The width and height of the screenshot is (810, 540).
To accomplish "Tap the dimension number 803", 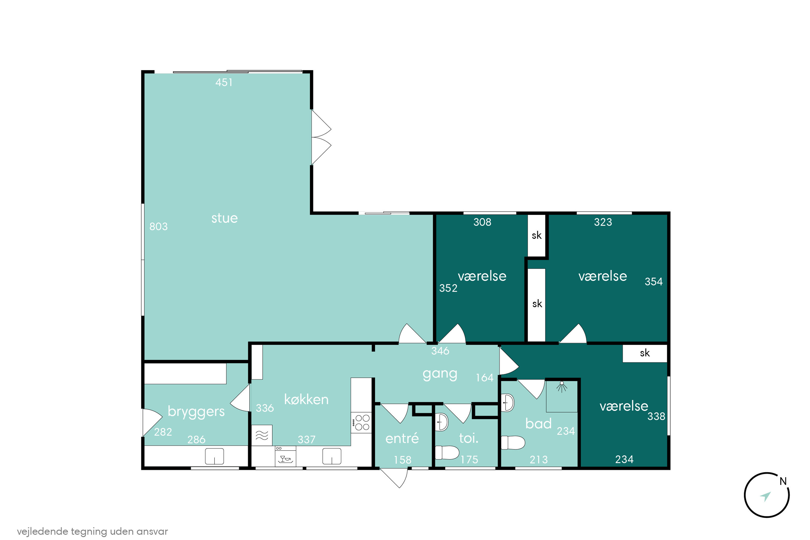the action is click(x=159, y=227).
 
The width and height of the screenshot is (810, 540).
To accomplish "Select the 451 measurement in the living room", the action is click(x=224, y=83).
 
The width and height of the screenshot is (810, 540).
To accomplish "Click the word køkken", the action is click(x=306, y=400).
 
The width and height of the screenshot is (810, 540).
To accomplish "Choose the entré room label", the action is click(x=402, y=438).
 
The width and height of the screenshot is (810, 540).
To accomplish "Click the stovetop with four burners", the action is click(x=362, y=423).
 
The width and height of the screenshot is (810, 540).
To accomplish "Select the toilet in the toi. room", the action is click(x=447, y=453).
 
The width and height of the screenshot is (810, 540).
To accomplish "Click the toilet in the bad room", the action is click(x=513, y=443).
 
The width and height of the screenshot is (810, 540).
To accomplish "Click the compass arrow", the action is click(x=765, y=496).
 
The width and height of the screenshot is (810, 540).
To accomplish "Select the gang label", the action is click(x=440, y=374).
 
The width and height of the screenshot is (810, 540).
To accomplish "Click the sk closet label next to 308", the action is click(x=536, y=235).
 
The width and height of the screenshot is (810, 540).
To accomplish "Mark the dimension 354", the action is click(x=654, y=282).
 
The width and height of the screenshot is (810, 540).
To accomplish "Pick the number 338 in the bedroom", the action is click(x=656, y=416).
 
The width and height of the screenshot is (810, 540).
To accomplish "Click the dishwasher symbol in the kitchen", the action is click(x=285, y=456).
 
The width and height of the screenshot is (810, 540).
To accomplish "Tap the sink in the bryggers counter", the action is click(x=214, y=457).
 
